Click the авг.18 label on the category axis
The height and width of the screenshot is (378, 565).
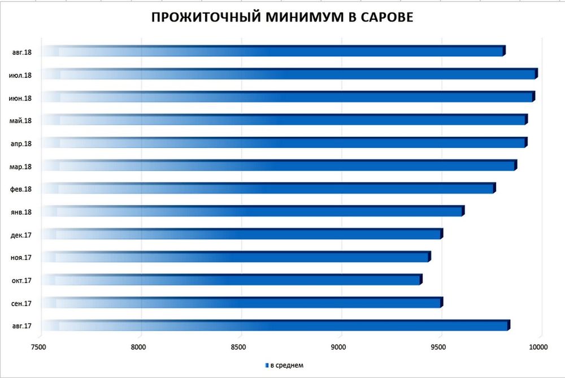[22, 52]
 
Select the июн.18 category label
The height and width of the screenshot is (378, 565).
[21, 98]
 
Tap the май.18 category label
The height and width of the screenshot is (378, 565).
[21, 120]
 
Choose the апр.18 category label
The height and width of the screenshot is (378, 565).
[21, 144]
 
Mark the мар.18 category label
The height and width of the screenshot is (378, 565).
[21, 166]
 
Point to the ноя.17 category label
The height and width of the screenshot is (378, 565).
[21, 258]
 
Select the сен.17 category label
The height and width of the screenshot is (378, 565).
[21, 303]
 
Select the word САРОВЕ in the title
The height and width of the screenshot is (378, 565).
[385, 18]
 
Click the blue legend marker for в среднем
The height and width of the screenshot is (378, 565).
[267, 366]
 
